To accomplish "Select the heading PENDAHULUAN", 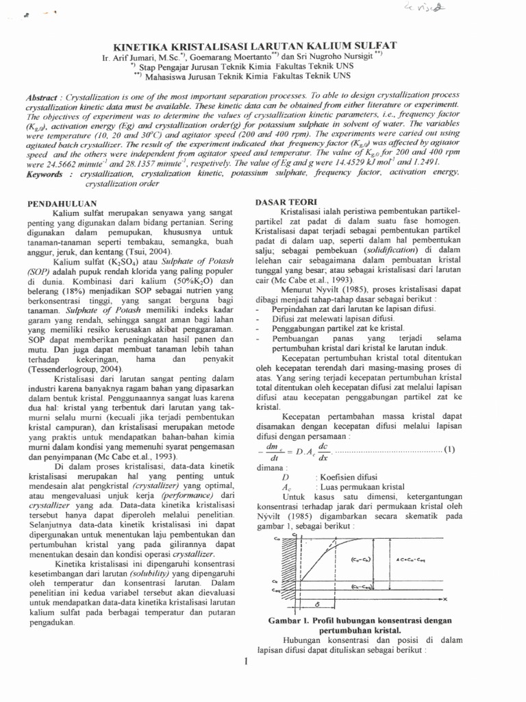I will pos(60,204).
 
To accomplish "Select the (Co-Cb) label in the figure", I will pos(362,559).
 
